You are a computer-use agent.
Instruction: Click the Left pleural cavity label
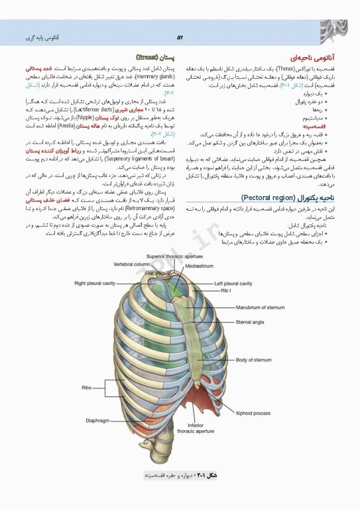[x=233, y=284]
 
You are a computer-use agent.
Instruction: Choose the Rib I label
[x=225, y=291]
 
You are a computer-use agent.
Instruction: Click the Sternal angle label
[x=249, y=323]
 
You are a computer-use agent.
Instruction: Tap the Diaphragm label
[x=97, y=420]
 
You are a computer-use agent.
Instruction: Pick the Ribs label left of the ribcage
[x=87, y=387]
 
